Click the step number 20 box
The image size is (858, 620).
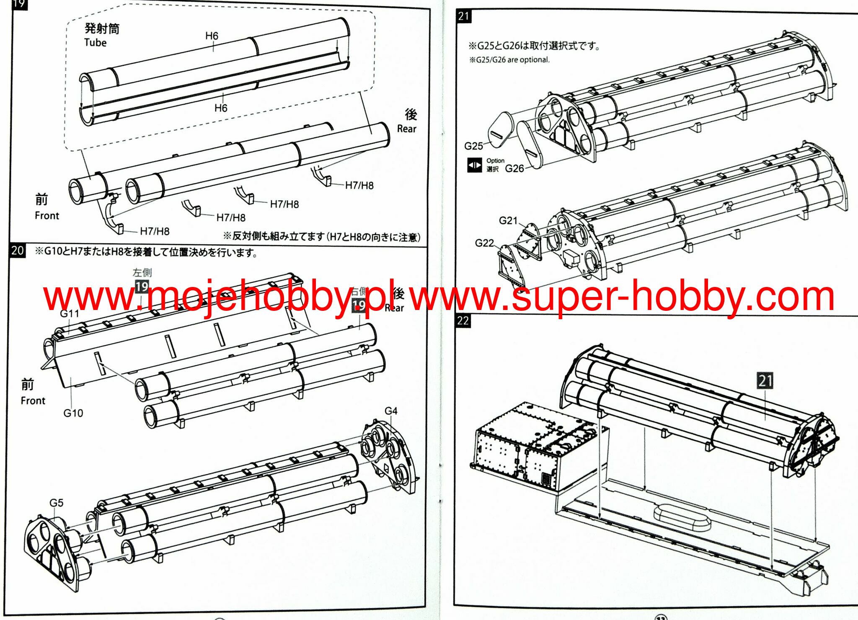point(17,251)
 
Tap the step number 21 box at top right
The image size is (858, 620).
point(463,16)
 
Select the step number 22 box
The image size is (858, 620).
point(463,321)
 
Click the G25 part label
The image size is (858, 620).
point(473,146)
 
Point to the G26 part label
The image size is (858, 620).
point(514,168)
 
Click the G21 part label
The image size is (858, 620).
point(508,220)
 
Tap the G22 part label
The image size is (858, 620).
point(484,243)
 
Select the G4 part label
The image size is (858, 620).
point(391,411)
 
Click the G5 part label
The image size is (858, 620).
point(57,503)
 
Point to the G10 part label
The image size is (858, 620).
point(73,413)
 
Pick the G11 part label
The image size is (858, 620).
point(69,313)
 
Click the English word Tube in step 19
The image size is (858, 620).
point(96,43)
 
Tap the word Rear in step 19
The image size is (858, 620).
point(406,129)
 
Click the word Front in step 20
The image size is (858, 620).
point(33,400)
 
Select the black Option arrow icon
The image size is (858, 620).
point(475,165)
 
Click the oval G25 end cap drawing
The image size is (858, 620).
point(501,129)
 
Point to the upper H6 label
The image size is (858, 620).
point(212,36)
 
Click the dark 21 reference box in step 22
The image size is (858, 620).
point(765,381)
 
